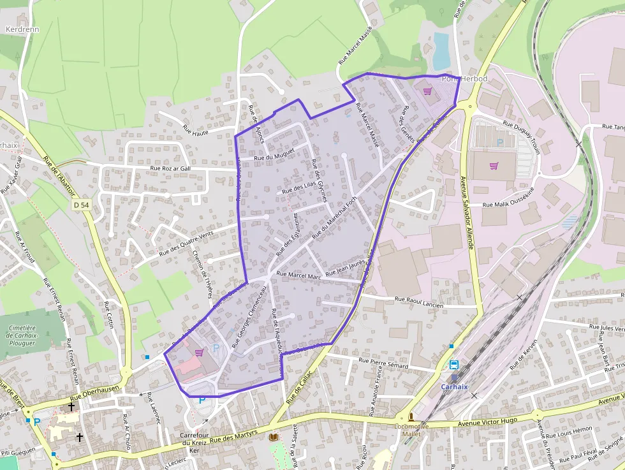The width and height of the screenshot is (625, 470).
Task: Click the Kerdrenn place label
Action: click(x=22, y=29)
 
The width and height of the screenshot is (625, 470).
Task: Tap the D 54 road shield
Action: click(x=81, y=205)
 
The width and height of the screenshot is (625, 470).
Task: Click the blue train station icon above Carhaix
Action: click(x=453, y=365)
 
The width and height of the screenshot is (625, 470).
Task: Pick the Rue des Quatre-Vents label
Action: click(x=186, y=244)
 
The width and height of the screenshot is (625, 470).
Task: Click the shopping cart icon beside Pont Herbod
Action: click(x=427, y=91)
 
